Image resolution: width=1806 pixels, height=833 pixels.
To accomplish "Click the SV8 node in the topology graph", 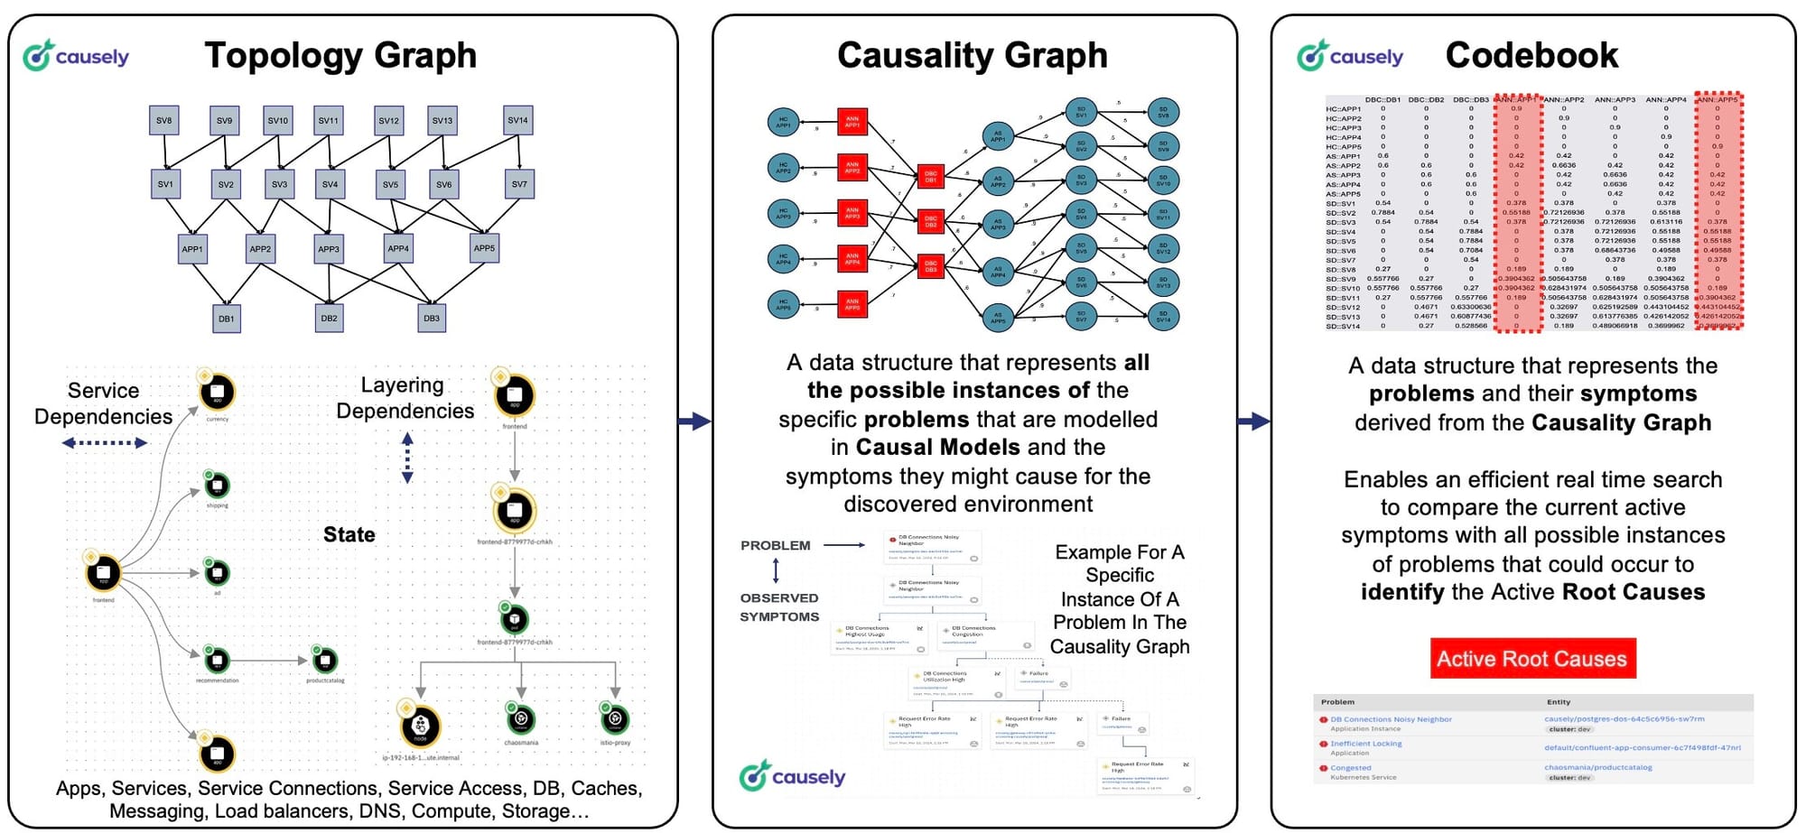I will click(x=163, y=121).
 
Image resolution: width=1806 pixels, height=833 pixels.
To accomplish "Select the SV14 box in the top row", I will click(x=517, y=121).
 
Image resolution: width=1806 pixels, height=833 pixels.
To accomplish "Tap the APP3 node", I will click(x=329, y=249).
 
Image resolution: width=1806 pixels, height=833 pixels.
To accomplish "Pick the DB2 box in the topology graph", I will click(x=329, y=319).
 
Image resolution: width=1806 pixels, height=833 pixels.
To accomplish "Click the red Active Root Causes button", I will click(x=1532, y=659).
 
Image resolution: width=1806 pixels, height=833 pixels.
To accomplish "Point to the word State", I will click(x=349, y=535).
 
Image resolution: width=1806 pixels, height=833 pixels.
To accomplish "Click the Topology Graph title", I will click(x=340, y=56).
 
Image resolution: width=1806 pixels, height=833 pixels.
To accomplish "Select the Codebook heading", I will click(x=1531, y=56).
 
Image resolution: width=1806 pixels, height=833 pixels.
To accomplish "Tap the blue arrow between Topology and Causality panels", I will click(x=694, y=421).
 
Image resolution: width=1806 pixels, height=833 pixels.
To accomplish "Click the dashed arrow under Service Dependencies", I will click(x=105, y=443).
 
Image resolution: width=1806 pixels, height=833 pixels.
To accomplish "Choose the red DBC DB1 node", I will click(x=931, y=177).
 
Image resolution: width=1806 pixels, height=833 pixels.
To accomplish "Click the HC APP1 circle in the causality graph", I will click(x=783, y=122).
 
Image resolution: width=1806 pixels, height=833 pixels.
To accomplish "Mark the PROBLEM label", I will click(x=776, y=546).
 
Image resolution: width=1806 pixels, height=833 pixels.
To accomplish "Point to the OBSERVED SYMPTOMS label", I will click(x=779, y=607).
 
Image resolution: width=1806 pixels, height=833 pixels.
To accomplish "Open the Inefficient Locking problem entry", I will click(x=1366, y=744).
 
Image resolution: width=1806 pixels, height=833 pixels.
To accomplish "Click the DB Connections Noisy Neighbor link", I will click(x=1391, y=719).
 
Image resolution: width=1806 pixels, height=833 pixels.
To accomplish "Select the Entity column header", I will click(x=1559, y=702).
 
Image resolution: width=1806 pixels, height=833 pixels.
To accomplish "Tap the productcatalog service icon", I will click(x=325, y=662).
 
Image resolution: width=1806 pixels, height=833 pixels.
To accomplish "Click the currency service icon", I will click(x=218, y=393).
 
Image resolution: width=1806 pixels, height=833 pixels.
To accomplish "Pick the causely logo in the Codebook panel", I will click(x=1350, y=56).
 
